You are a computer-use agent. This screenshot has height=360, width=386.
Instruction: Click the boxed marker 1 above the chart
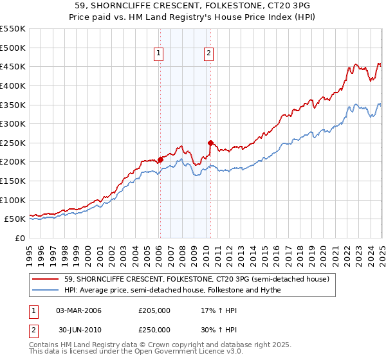point(158,54)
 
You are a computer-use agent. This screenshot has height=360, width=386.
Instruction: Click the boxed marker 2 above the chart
point(210,54)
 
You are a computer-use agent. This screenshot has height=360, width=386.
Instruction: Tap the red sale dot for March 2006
point(160,159)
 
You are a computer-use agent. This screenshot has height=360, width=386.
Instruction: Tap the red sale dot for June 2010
point(210,143)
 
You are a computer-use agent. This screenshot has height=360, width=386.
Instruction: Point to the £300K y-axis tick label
point(13,123)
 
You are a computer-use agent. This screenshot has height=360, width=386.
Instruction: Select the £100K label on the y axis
point(13,200)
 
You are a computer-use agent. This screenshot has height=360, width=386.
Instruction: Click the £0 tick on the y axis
point(20,238)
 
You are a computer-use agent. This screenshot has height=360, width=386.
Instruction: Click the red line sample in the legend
point(46,279)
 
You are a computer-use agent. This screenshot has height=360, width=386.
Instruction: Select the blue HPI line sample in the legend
point(46,290)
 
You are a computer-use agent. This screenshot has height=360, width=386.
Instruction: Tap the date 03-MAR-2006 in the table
point(78,310)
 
